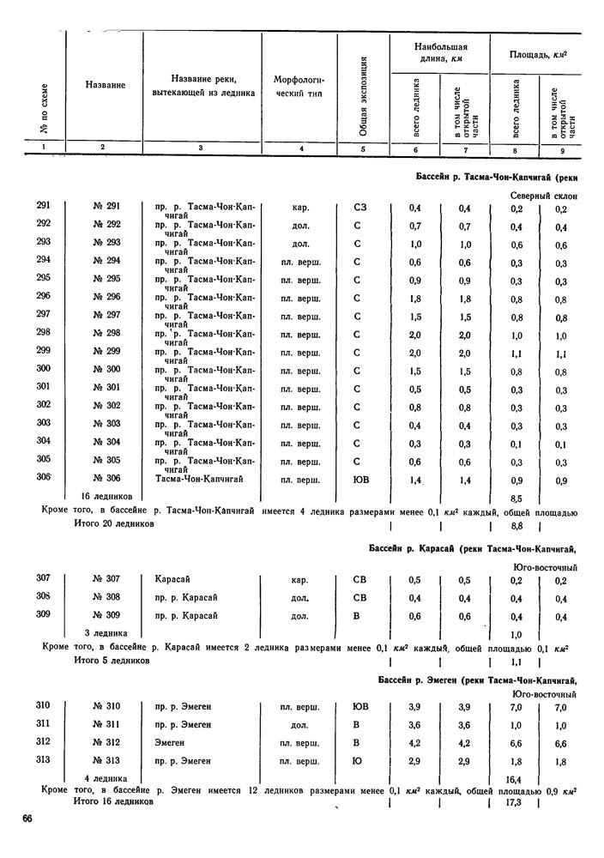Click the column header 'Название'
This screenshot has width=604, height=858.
106,85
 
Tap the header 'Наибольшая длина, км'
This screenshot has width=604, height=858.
439,51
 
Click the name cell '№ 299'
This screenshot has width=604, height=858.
106,351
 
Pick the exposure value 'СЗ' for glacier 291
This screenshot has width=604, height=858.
361,207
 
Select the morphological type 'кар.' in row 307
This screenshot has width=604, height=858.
300,579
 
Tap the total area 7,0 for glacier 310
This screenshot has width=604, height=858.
516,706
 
